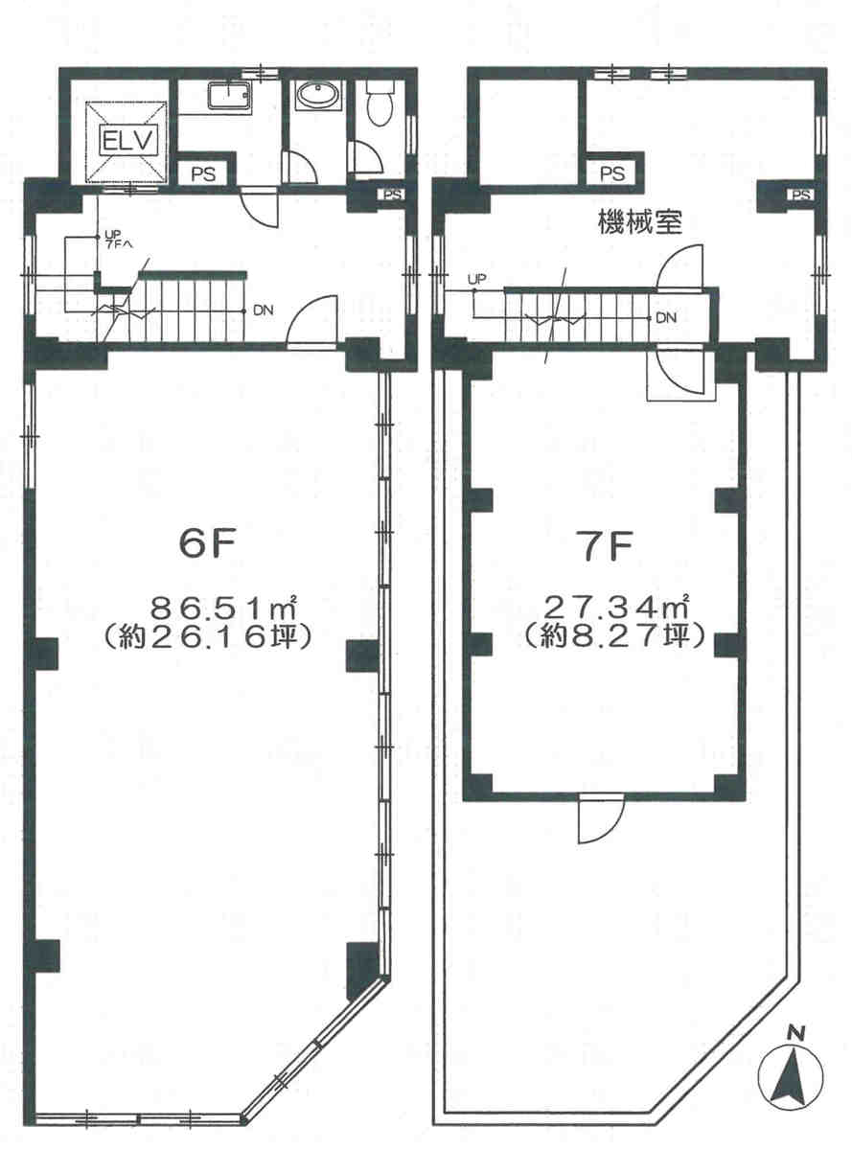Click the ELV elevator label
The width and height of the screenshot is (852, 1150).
[x=128, y=140]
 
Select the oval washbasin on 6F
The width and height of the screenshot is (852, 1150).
[x=318, y=96]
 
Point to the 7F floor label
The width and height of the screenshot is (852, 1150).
[x=607, y=551]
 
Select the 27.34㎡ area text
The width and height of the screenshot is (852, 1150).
[x=615, y=608]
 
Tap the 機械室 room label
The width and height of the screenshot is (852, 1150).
[x=640, y=223]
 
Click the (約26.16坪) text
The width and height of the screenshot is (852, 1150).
[x=207, y=637]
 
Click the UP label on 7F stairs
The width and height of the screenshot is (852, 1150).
[x=476, y=280]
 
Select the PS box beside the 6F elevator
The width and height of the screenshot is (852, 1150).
[x=203, y=173]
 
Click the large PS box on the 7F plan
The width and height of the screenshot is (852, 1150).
[x=612, y=173]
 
